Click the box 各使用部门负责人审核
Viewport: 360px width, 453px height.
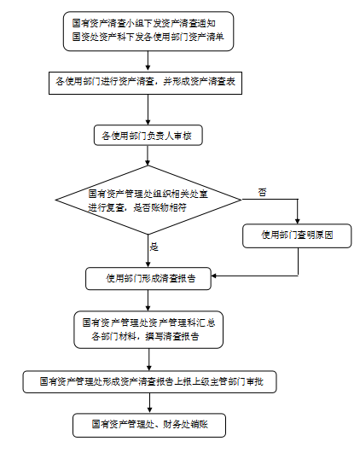pyautogui.click(x=148, y=135)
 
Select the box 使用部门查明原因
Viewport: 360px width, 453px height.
pyautogui.click(x=297, y=235)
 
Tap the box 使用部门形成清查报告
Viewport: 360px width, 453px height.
pyautogui.click(x=148, y=278)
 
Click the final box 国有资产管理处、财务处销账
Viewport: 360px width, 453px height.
pyautogui.click(x=149, y=425)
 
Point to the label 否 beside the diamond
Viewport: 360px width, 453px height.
pyautogui.click(x=262, y=193)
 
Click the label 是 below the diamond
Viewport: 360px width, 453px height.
pyautogui.click(x=154, y=247)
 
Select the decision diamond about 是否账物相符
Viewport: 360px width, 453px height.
pyautogui.click(x=148, y=200)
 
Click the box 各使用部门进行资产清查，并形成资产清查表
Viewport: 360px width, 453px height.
pyautogui.click(x=145, y=84)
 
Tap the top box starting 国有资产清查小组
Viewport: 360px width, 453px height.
pyautogui.click(x=148, y=32)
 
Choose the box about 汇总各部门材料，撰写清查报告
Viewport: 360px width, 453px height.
pyautogui.click(x=148, y=329)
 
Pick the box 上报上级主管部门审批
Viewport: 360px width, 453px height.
pyautogui.click(x=149, y=382)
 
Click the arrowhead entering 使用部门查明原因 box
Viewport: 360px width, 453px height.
pyautogui.click(x=298, y=221)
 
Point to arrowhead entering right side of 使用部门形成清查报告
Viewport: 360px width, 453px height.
pyautogui.click(x=214, y=276)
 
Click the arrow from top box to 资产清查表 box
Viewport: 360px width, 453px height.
pyautogui.click(x=148, y=61)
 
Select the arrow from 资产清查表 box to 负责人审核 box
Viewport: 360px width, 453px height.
pyautogui.click(x=148, y=110)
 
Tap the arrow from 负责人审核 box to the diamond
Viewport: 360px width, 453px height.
pyautogui.click(x=148, y=155)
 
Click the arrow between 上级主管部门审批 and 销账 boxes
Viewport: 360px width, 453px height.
pyautogui.click(x=149, y=403)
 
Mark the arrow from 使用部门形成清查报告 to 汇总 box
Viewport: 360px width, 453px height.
pyautogui.click(x=148, y=300)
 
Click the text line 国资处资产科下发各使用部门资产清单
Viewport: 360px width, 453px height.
pyautogui.click(x=148, y=37)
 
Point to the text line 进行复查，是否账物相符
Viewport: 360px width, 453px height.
pyautogui.click(x=137, y=207)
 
